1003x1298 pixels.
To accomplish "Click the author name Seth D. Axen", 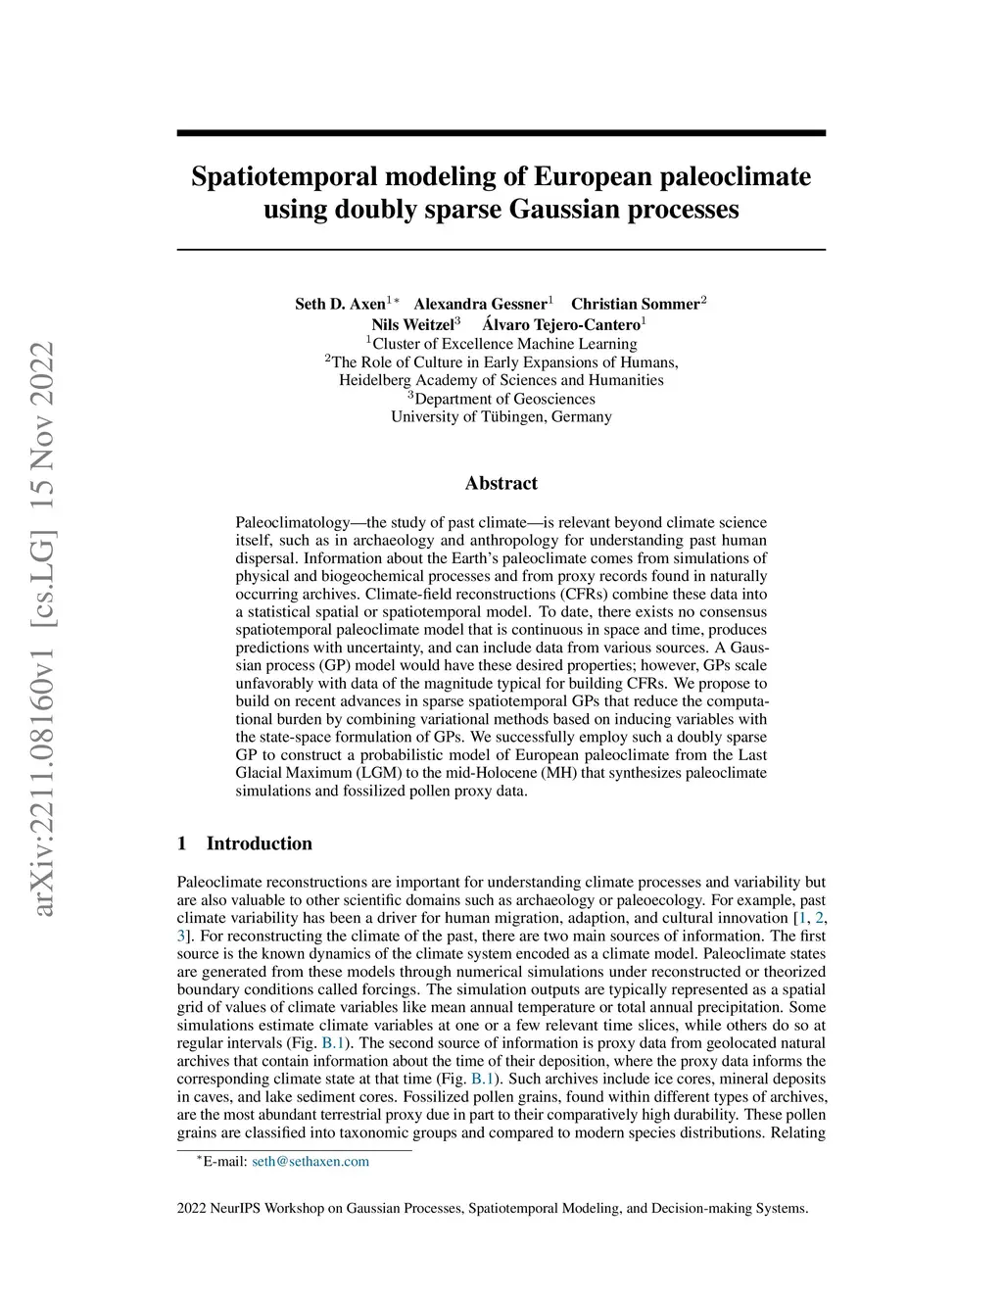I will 340,304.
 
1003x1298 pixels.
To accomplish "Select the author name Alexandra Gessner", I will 480,304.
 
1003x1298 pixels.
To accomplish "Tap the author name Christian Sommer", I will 636,304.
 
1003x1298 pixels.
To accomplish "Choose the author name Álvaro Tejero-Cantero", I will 561,324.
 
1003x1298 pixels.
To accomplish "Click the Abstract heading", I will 501,483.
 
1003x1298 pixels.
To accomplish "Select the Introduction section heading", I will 259,843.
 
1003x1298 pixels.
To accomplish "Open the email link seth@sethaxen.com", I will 310,1162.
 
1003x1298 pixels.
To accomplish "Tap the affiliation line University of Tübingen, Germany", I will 501,416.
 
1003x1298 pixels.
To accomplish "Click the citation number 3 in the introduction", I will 181,937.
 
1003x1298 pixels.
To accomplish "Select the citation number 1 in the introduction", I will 803,918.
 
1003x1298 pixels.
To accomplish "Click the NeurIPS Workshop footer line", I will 492,1208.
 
